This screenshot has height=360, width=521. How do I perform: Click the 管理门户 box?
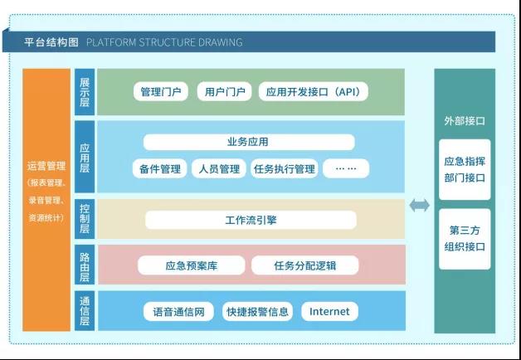[161, 91]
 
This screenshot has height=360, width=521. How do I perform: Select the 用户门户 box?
[224, 91]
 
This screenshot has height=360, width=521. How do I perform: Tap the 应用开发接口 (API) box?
[314, 91]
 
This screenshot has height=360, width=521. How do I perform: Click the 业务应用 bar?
[249, 142]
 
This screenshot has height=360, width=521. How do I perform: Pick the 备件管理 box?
[159, 168]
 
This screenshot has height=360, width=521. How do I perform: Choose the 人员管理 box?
[219, 168]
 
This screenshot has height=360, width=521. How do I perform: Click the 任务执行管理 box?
[284, 168]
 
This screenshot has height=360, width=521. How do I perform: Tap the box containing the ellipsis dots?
[346, 168]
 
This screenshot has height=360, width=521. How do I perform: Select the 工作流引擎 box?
[251, 220]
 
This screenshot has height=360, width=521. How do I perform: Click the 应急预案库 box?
[192, 265]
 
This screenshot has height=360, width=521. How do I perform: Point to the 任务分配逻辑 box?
[305, 265]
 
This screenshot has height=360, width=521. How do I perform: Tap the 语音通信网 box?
[178, 312]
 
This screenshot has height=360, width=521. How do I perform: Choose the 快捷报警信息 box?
[257, 312]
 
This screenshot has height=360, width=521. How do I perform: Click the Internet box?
[329, 312]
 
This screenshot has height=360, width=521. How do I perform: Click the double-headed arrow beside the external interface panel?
[419, 205]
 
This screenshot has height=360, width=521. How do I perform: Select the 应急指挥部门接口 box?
[465, 169]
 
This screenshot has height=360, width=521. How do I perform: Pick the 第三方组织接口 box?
[465, 239]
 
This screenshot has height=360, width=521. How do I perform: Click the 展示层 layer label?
[85, 92]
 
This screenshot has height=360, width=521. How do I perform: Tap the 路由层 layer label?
[85, 265]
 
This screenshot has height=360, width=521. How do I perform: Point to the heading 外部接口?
[465, 121]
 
